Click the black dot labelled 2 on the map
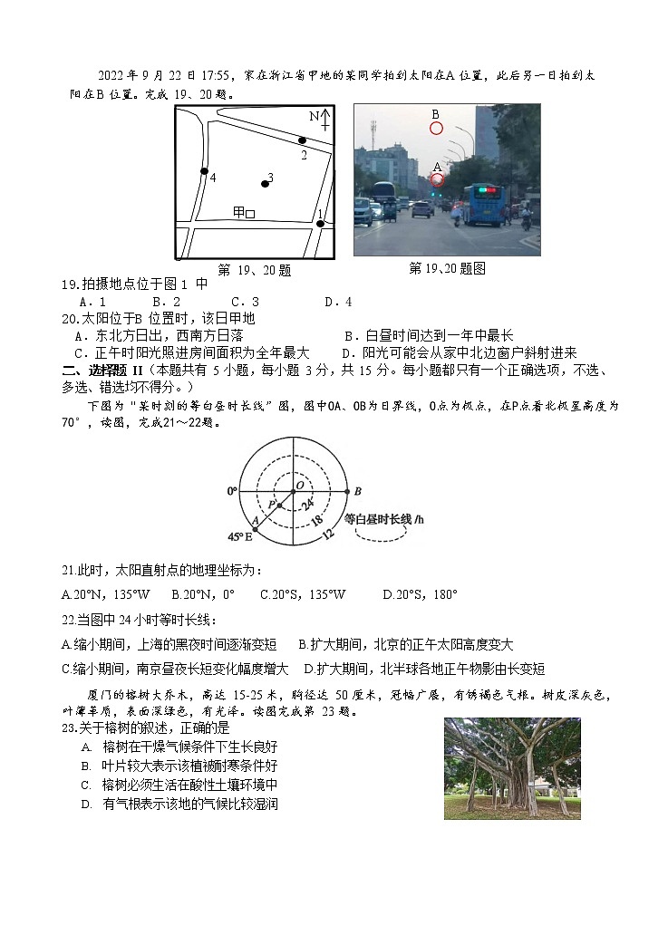[x=302, y=140]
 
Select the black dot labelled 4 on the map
[x=205, y=171]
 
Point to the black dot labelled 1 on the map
[x=320, y=223]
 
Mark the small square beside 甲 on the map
[x=250, y=214]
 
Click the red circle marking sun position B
[x=436, y=128]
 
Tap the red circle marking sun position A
[x=437, y=180]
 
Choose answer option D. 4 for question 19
[x=338, y=302]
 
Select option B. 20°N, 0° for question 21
[x=202, y=595]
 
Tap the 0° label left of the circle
[x=231, y=491]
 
